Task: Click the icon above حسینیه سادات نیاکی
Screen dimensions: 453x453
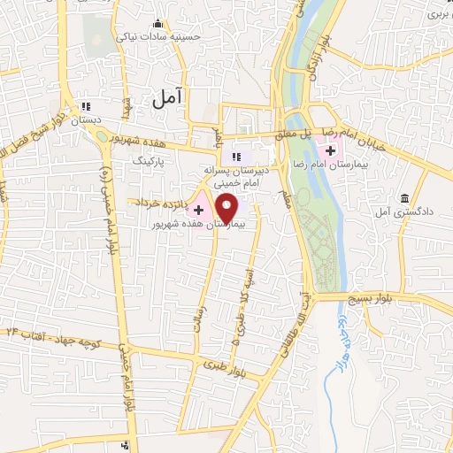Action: [x=158, y=22]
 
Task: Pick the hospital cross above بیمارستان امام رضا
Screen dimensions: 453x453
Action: [x=330, y=151]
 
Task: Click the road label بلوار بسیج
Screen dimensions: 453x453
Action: [x=423, y=300]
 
